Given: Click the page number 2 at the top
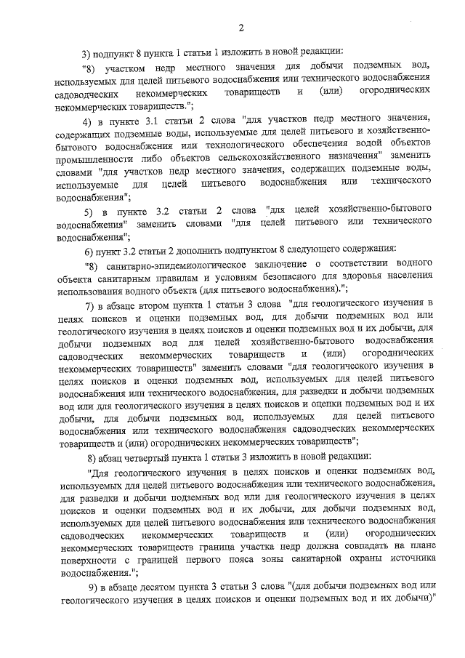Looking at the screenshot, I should pos(240,28).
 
